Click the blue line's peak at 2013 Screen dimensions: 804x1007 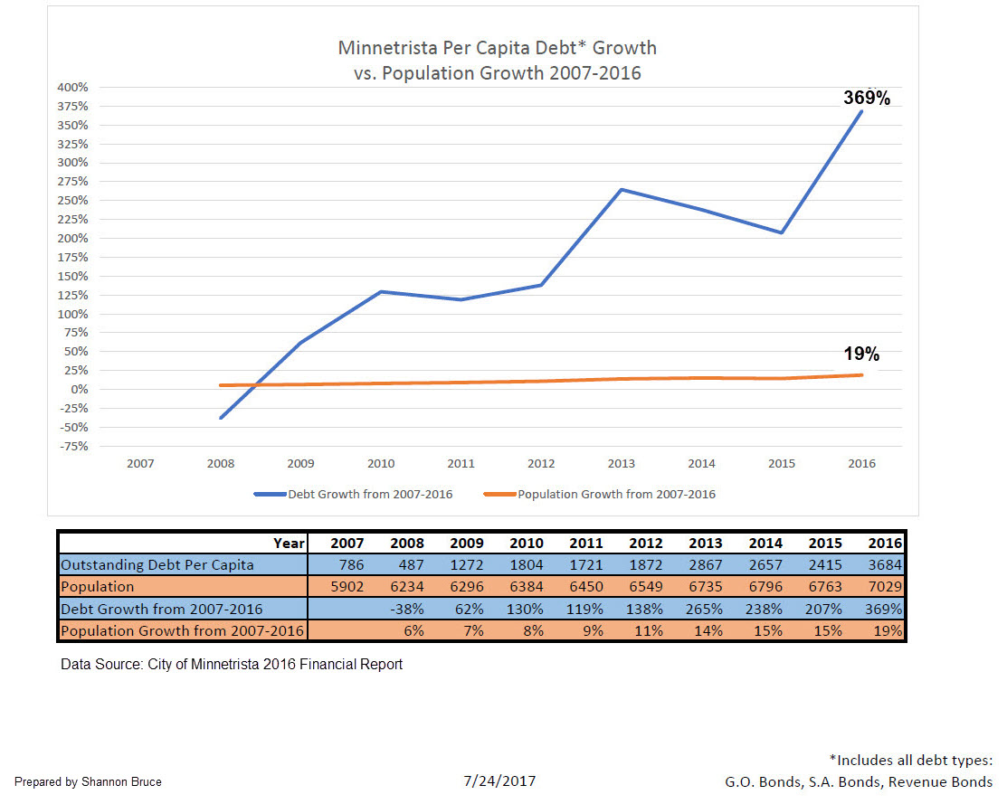coord(622,190)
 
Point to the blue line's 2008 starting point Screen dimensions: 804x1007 coord(221,418)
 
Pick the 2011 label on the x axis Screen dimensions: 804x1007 coord(461,464)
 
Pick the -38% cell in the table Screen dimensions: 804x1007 coord(406,609)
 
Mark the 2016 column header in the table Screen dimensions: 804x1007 coord(883,544)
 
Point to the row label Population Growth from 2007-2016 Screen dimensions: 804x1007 coord(183,630)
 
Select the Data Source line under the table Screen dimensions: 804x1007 coord(232,665)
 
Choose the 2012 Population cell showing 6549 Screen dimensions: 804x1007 coord(643,587)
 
